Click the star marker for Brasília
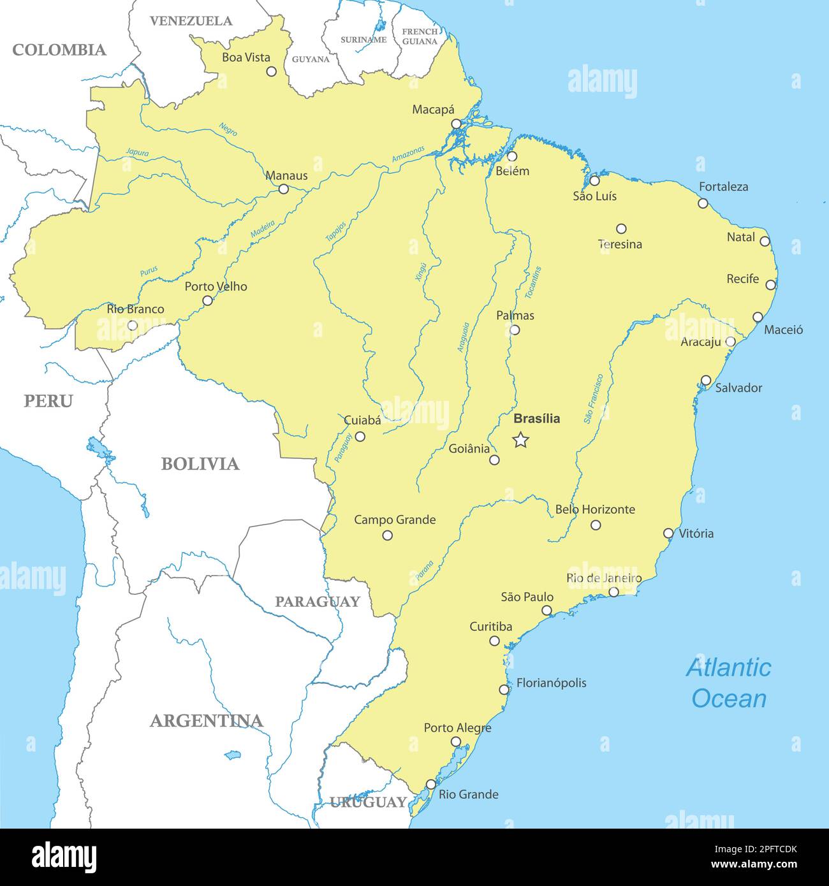pyautogui.click(x=521, y=439)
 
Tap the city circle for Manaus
pyautogui.click(x=284, y=189)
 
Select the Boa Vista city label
pyautogui.click(x=246, y=57)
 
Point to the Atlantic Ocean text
pyautogui.click(x=729, y=683)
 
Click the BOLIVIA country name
pyautogui.click(x=200, y=463)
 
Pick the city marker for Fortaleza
pyautogui.click(x=703, y=203)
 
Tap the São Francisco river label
pyautogui.click(x=593, y=399)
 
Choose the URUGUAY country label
pyautogui.click(x=368, y=802)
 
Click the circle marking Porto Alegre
pyautogui.click(x=455, y=741)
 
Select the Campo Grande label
pyautogui.click(x=395, y=519)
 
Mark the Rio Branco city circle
pyautogui.click(x=132, y=325)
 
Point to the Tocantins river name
pyautogui.click(x=532, y=282)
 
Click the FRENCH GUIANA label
pyautogui.click(x=420, y=36)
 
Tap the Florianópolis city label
pyautogui.click(x=551, y=683)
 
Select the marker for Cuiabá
pyautogui.click(x=360, y=437)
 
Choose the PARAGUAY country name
pyautogui.click(x=317, y=601)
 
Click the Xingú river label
pyautogui.click(x=420, y=271)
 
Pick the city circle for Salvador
pyautogui.click(x=706, y=380)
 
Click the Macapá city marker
pyautogui.click(x=456, y=124)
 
